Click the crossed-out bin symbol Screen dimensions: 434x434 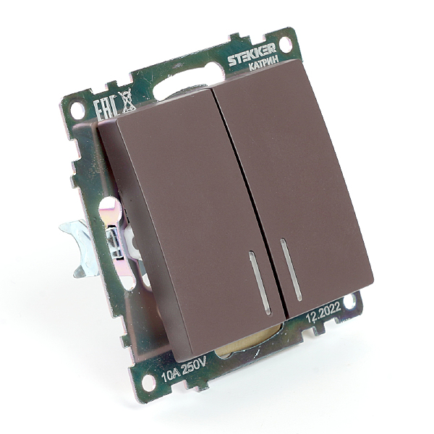(x=126, y=102)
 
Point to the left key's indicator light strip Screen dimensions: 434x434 (x=260, y=283)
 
